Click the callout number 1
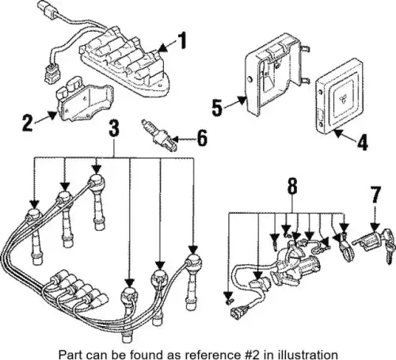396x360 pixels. [x=181, y=40]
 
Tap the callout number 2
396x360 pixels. [x=28, y=123]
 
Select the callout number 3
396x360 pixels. [x=114, y=128]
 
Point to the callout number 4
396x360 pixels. [x=363, y=142]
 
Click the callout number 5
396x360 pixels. [x=217, y=108]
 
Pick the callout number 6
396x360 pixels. [x=202, y=138]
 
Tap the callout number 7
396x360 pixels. [x=375, y=195]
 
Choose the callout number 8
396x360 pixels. [x=292, y=186]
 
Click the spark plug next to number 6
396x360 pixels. [x=158, y=135]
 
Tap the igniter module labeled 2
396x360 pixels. [x=84, y=99]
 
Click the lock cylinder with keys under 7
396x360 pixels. [x=375, y=244]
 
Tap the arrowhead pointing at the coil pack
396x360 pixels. [x=163, y=47]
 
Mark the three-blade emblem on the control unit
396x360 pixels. [x=343, y=100]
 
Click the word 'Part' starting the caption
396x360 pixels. [x=67, y=354]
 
